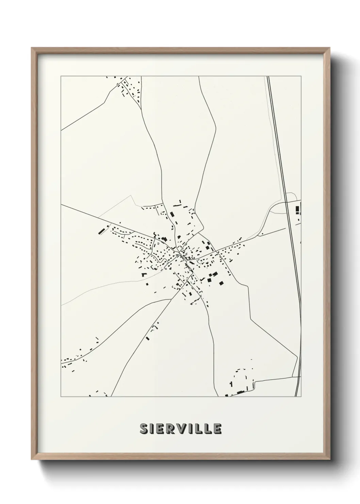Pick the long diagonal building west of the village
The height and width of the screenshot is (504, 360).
pos(101,231)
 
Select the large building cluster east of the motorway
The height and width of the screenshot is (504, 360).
pos(298,209)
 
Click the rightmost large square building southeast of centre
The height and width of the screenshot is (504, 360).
pos(222,283)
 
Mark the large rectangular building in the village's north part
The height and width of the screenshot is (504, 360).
pos(172,215)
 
